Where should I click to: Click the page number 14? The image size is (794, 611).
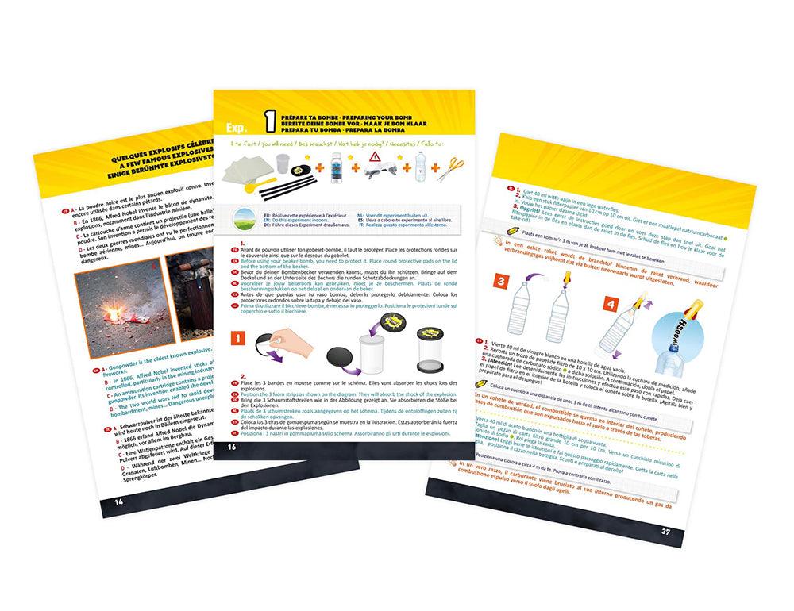pos(118,501)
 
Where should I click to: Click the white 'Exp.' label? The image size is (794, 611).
pos(236,127)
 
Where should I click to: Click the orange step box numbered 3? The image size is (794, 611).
pos(502,282)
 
